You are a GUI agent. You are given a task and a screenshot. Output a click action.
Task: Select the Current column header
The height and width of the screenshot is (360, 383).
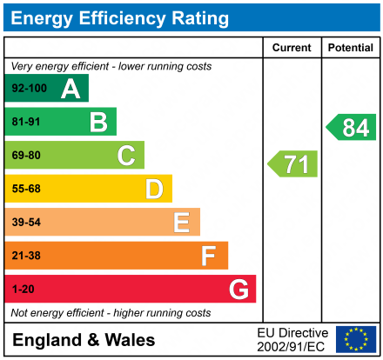(292, 48)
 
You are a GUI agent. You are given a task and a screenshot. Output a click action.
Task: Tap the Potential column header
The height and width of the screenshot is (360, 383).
(351, 48)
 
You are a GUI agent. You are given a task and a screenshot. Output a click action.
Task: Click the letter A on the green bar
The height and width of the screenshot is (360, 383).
(71, 89)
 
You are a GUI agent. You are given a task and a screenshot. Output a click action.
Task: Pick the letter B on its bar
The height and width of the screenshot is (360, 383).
(98, 123)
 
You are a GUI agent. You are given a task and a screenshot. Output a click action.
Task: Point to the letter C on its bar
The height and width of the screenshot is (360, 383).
(126, 156)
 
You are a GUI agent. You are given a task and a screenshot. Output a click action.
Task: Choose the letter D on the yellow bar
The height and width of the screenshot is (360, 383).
(154, 189)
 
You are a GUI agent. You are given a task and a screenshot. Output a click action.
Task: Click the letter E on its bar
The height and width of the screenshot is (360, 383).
(181, 223)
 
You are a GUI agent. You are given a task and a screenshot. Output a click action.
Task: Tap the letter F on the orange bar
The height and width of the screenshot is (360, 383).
(209, 256)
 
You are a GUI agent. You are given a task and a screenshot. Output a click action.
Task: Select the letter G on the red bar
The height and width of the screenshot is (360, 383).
(238, 289)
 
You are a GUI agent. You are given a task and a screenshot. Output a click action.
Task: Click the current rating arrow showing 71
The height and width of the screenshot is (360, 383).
(293, 163)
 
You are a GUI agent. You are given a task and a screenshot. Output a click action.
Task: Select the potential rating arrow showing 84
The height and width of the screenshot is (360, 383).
(352, 128)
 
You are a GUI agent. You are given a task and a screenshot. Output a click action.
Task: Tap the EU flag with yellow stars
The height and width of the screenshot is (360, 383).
(356, 339)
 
